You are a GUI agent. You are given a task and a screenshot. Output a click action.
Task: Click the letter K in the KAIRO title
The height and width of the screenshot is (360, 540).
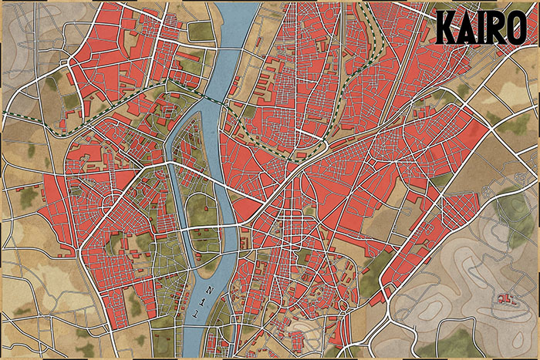pos(447,29)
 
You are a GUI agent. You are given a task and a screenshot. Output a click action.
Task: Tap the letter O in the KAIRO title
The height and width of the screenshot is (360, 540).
pos(514,29)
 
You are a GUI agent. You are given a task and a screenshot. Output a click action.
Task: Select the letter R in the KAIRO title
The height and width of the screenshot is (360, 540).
pos(494,29)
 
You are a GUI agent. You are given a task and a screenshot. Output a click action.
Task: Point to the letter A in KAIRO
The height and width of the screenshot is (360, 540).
pos(465,29)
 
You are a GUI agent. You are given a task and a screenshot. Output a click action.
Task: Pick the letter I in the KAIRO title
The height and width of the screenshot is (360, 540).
pos(479,29)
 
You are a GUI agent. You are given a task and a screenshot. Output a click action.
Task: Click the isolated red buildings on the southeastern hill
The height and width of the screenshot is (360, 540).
pos(505,297)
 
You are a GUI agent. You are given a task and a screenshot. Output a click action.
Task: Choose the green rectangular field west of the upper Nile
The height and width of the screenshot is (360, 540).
pos(201,32)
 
